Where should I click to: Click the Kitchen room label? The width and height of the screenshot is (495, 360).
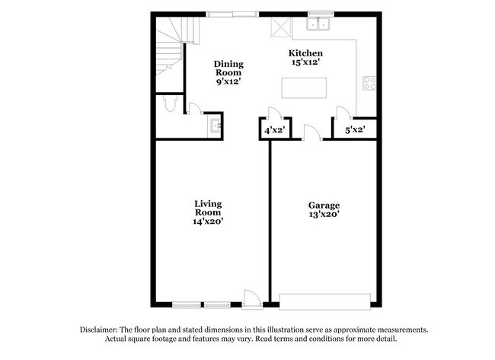pyautogui.click(x=305, y=53)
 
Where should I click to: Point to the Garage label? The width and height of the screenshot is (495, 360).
pyautogui.click(x=324, y=205)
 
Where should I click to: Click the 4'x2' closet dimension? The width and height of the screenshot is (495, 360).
pyautogui.click(x=273, y=130)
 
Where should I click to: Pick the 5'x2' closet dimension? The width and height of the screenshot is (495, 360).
pyautogui.click(x=355, y=130)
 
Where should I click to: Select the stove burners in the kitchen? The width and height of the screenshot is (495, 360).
pyautogui.click(x=369, y=82)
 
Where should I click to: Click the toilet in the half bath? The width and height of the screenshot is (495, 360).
pyautogui.click(x=170, y=104)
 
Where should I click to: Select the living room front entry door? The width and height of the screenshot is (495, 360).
pyautogui.click(x=250, y=299)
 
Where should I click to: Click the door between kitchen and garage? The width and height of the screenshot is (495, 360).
pyautogui.click(x=311, y=134)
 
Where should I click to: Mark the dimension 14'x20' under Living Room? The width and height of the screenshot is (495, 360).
pyautogui.click(x=208, y=221)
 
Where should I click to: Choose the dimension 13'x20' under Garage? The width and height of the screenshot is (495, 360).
pyautogui.click(x=324, y=216)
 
